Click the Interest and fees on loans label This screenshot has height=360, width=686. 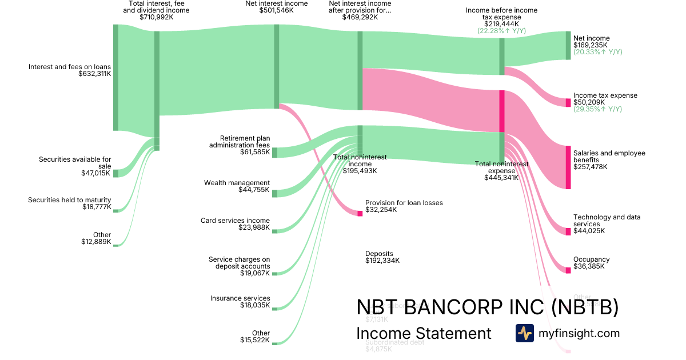click(x=70, y=67)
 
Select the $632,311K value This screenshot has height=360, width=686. click(x=94, y=74)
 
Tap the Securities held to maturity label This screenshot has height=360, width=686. click(x=69, y=200)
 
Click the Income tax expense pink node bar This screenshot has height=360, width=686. click(x=568, y=103)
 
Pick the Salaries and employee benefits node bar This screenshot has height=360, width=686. click(x=568, y=167)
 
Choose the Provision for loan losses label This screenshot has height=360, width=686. click(x=404, y=203)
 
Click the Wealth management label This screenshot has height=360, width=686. click(x=237, y=183)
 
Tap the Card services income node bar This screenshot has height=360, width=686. click(x=275, y=231)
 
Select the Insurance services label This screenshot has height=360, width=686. click(x=240, y=298)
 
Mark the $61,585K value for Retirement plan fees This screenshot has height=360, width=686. click(x=255, y=153)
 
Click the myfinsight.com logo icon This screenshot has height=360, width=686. click(x=524, y=333)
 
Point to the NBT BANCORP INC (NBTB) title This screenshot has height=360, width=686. click(x=487, y=307)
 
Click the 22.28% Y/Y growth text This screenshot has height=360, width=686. click(x=501, y=31)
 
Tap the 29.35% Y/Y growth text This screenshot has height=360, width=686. click(x=597, y=109)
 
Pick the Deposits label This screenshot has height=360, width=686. click(x=379, y=254)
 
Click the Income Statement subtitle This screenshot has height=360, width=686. click(x=424, y=334)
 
